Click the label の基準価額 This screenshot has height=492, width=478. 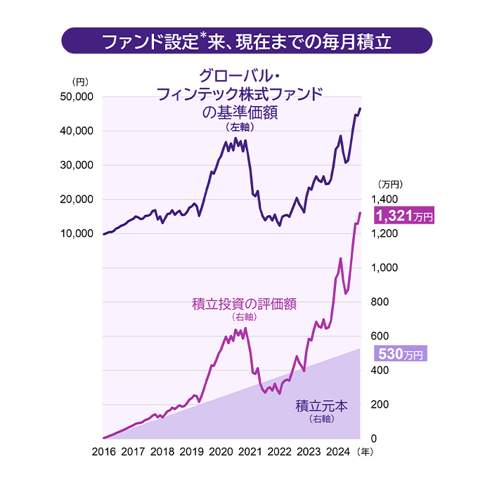pyautogui.click(x=239, y=114)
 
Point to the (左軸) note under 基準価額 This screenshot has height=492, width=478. pyautogui.click(x=239, y=128)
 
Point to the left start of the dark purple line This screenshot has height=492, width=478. pyautogui.click(x=103, y=233)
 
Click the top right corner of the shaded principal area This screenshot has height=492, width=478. pyautogui.click(x=360, y=349)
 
